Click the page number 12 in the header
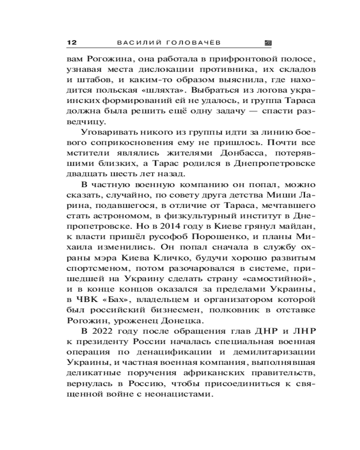pos(72,43)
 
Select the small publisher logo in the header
pos(268,43)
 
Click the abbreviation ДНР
pos(257,332)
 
